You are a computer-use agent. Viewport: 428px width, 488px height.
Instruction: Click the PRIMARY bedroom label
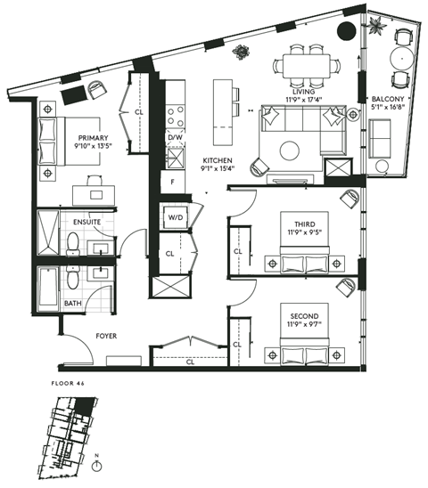(x=93, y=138)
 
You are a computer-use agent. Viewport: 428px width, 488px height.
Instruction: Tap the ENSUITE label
(x=86, y=220)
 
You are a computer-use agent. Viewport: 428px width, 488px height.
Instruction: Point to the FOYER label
(x=108, y=336)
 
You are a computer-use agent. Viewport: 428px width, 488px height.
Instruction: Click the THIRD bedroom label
(x=293, y=214)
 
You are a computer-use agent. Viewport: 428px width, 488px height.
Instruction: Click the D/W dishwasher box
(x=175, y=138)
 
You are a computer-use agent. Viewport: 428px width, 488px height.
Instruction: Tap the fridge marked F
(x=173, y=182)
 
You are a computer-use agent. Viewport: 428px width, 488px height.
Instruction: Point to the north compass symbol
(x=99, y=463)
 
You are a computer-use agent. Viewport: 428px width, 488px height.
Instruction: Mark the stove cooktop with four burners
(x=175, y=114)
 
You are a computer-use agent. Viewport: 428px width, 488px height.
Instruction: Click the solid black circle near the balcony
(x=345, y=33)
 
